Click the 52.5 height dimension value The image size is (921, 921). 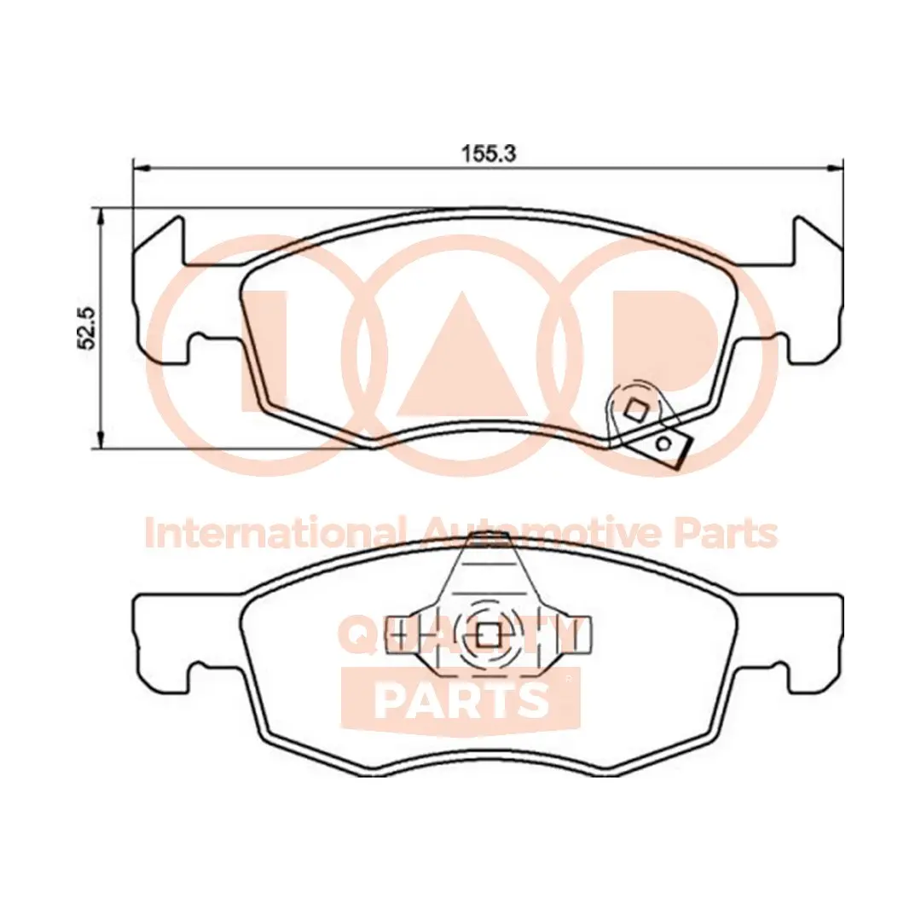(x=87, y=327)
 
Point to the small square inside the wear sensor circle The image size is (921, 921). (x=634, y=410)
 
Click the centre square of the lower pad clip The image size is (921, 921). (x=488, y=634)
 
